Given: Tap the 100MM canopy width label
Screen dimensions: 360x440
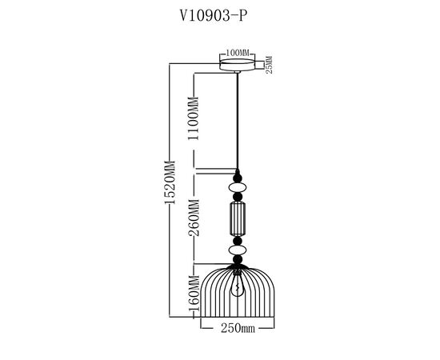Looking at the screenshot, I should point(238,54).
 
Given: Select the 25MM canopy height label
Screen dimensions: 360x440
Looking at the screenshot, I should point(270,63).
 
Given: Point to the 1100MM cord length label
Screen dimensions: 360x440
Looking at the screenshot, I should point(193,120).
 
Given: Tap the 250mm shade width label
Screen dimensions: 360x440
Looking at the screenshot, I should point(237,328).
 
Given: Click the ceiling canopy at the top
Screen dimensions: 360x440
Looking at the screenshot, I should point(238,64).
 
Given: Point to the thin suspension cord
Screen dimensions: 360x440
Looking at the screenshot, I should point(238,120).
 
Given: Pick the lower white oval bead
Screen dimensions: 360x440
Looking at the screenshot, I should point(238,250).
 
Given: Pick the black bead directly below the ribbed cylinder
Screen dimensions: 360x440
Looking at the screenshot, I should point(238,239).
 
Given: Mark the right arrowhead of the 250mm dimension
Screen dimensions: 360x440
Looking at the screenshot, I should point(274,328).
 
